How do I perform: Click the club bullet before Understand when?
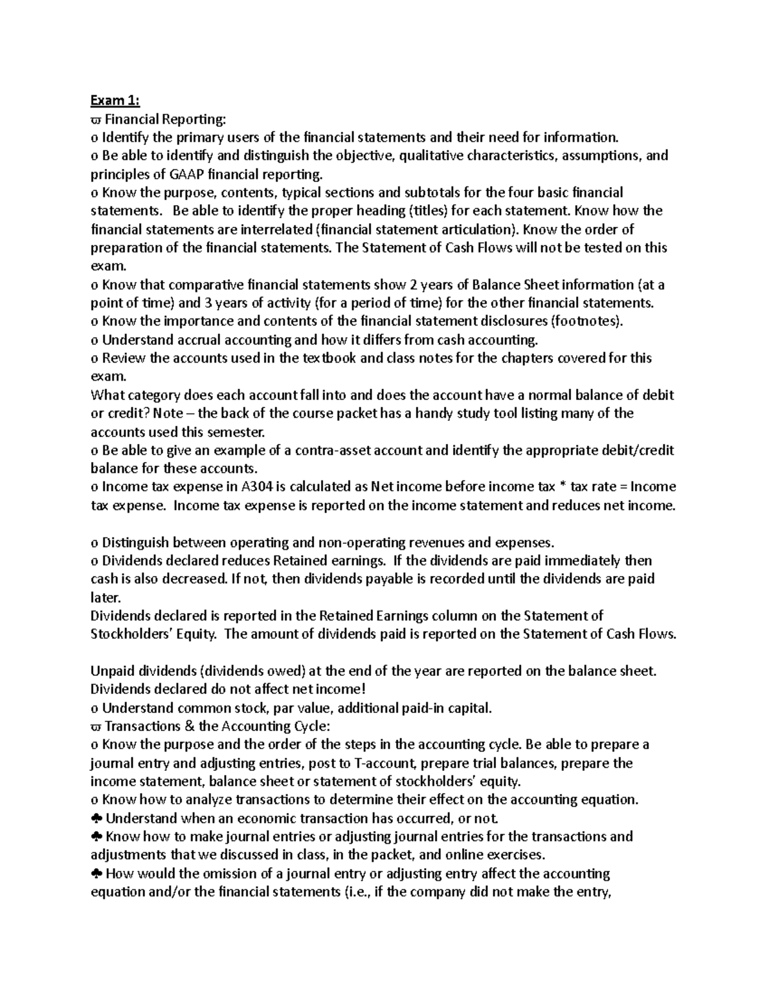96,819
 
